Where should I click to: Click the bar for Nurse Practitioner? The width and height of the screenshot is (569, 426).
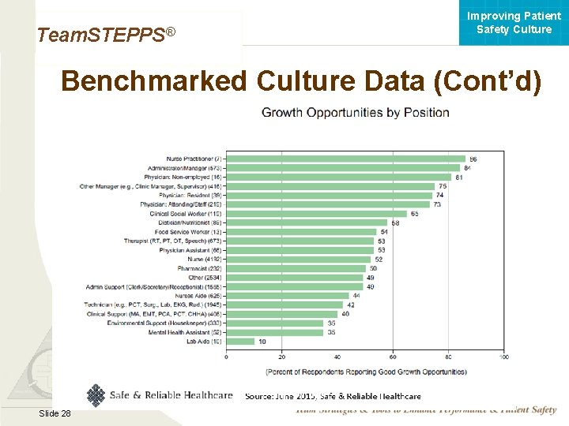click(345, 159)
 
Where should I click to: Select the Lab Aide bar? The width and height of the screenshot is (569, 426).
click(240, 342)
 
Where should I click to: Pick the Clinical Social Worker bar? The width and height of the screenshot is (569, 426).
click(316, 214)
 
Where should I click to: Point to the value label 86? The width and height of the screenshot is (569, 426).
click(473, 159)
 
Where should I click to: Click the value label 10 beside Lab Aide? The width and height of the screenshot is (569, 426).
click(262, 342)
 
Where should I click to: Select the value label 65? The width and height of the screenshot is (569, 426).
click(414, 214)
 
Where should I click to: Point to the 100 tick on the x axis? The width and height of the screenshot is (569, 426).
click(503, 357)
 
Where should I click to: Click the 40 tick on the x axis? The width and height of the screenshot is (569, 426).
click(337, 357)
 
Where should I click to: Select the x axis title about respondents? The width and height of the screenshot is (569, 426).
click(365, 371)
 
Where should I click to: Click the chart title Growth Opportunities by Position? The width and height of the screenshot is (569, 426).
click(356, 113)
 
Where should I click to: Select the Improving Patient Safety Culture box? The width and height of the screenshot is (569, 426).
click(514, 23)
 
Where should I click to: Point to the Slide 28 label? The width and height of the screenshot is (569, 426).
click(54, 413)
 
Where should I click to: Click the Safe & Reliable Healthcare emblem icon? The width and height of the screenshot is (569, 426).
click(96, 394)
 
